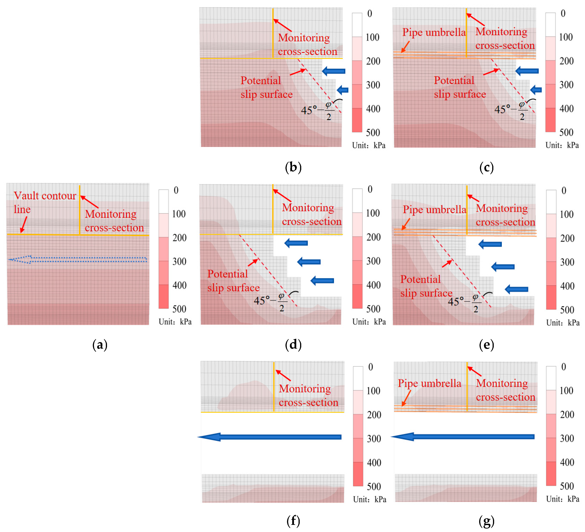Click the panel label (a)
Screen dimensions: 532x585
[x=100, y=345]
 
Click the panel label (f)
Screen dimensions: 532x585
[x=293, y=521]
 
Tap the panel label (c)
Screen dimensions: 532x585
[x=486, y=167]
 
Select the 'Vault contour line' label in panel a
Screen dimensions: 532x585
[x=45, y=202]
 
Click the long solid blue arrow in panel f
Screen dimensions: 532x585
[x=270, y=437]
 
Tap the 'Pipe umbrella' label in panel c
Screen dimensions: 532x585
[x=434, y=32]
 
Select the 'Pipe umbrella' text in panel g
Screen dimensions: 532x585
[x=429, y=383]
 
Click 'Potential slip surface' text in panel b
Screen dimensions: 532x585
[x=266, y=87]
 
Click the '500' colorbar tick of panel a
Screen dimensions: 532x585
[x=179, y=309]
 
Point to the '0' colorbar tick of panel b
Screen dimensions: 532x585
[x=369, y=13]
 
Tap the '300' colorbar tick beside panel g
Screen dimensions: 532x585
[x=567, y=438]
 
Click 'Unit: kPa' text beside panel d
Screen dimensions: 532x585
[x=369, y=322]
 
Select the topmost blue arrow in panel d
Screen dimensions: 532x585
[x=296, y=243]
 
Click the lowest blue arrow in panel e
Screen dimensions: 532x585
[x=517, y=289]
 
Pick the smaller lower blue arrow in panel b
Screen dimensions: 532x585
[x=343, y=90]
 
